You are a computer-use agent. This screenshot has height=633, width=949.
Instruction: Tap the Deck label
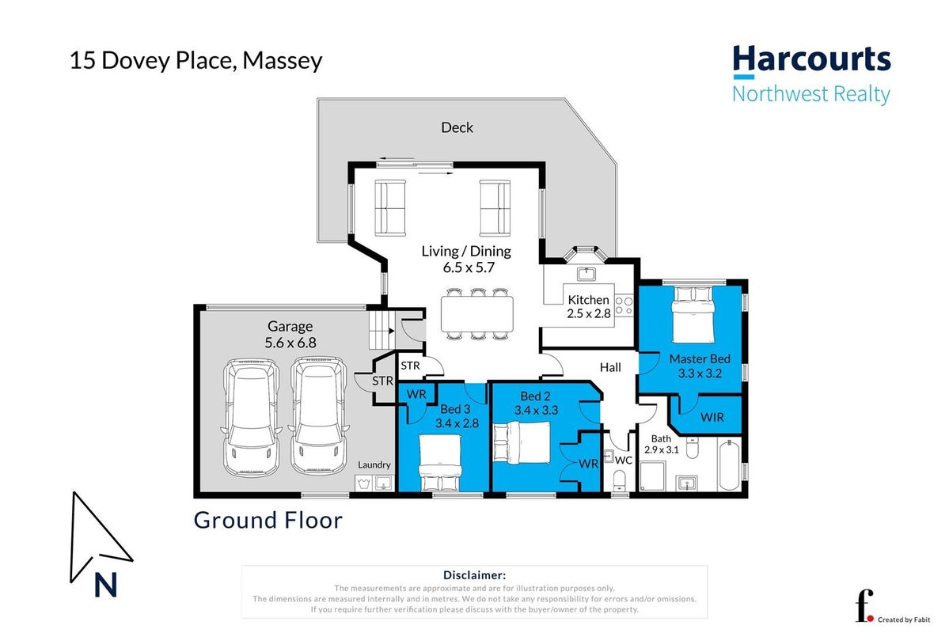[457, 127]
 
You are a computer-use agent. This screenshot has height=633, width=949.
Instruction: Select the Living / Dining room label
[466, 251]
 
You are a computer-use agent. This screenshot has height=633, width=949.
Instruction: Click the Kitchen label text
[588, 300]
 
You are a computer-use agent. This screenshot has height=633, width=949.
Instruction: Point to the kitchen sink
[586, 274]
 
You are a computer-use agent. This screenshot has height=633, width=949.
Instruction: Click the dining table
[477, 313]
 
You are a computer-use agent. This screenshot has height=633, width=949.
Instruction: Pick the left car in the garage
[251, 417]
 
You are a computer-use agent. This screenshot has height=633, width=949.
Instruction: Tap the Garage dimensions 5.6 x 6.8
[290, 343]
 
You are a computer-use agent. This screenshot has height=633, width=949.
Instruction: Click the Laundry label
[374, 464]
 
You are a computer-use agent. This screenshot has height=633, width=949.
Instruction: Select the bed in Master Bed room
[693, 315]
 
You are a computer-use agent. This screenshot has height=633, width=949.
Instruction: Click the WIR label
[712, 417]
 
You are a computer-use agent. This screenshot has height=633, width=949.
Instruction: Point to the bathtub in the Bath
[729, 464]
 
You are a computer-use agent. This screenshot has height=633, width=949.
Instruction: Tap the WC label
[624, 461]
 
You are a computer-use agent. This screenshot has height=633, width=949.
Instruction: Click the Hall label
[610, 367]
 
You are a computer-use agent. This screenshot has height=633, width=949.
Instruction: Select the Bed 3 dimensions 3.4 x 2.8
[457, 423]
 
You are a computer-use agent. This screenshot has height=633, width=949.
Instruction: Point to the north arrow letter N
[105, 586]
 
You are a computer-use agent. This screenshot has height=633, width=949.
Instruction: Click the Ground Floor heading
[268, 520]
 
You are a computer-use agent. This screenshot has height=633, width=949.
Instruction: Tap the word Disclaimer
[475, 575]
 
